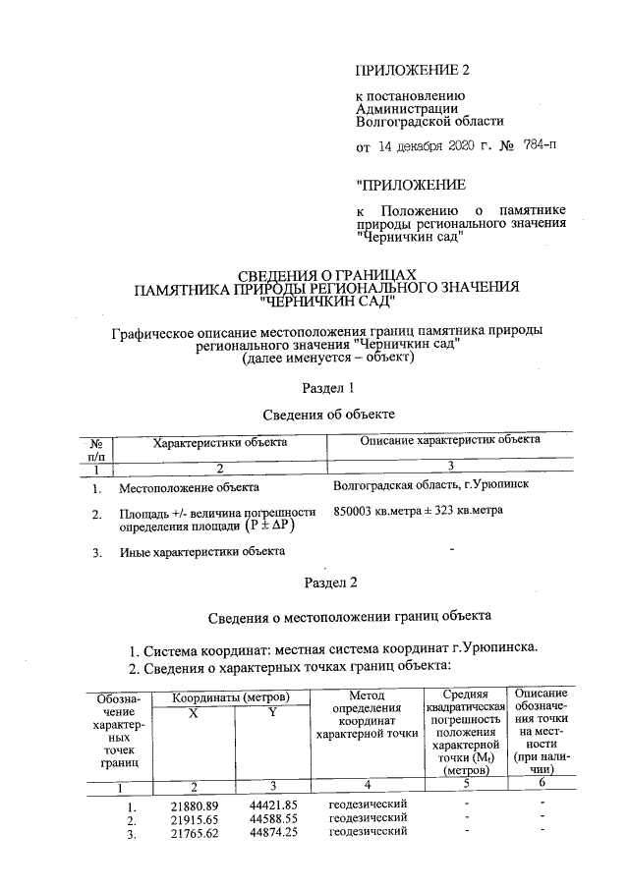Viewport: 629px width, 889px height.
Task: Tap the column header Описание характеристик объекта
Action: (450, 443)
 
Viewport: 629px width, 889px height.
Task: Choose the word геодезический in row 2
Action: (368, 819)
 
